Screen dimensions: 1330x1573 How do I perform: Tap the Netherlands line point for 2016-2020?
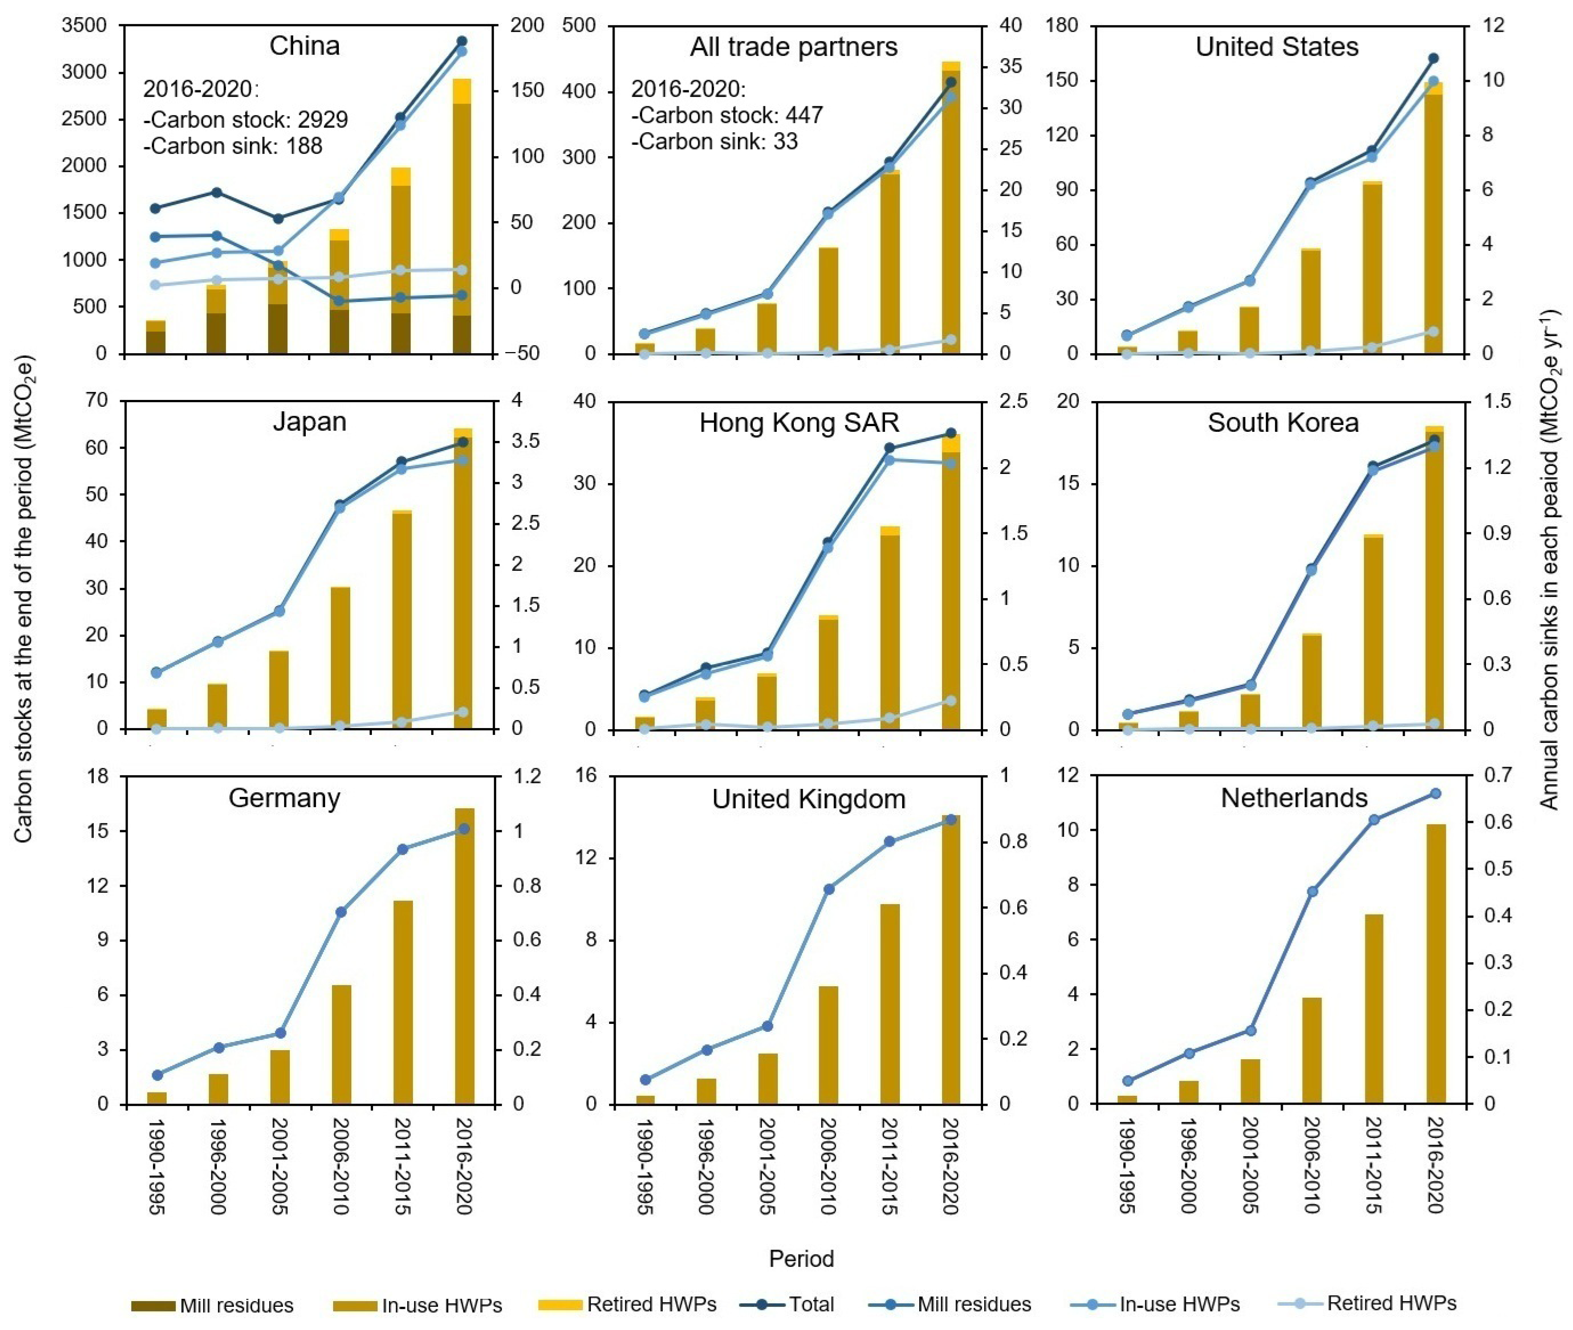[x=1435, y=793]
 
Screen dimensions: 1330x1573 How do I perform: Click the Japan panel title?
[x=309, y=422]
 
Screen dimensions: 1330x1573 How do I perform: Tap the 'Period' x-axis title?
[x=801, y=1258]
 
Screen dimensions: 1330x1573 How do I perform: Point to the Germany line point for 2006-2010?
[x=341, y=911]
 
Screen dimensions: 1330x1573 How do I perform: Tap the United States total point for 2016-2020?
[x=1434, y=58]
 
